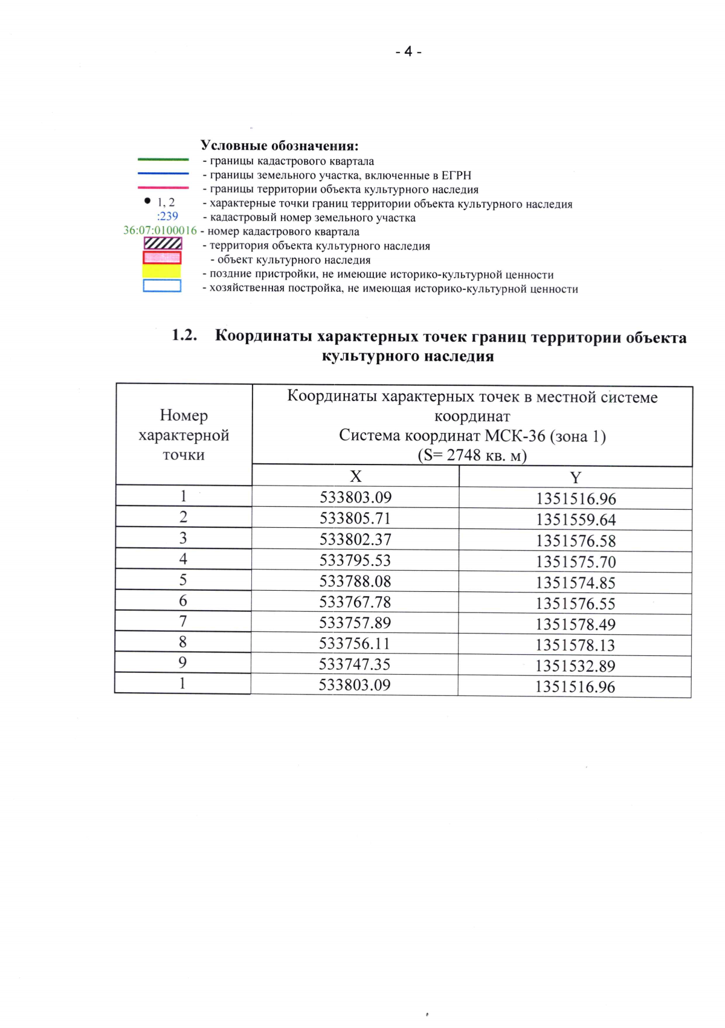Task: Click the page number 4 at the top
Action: tap(408, 52)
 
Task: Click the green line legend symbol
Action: tap(163, 159)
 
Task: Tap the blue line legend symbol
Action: tap(163, 174)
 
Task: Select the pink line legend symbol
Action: tap(163, 188)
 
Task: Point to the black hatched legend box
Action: tap(163, 243)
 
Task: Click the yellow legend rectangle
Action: tap(161, 271)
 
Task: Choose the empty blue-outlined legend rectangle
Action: tap(162, 286)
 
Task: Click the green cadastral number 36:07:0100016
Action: tap(160, 230)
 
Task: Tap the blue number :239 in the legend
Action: tap(167, 216)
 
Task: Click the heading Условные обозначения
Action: tap(280, 146)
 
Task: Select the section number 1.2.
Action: tap(185, 335)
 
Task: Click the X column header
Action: tap(356, 477)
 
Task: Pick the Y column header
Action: tap(575, 478)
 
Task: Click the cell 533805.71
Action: tap(355, 518)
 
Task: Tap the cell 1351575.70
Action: tap(575, 562)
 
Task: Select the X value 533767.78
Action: tap(355, 602)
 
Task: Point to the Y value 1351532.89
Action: tap(575, 666)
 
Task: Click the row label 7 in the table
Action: tap(183, 622)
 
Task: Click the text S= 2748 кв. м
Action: tap(472, 455)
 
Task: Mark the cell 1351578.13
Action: tap(575, 645)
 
